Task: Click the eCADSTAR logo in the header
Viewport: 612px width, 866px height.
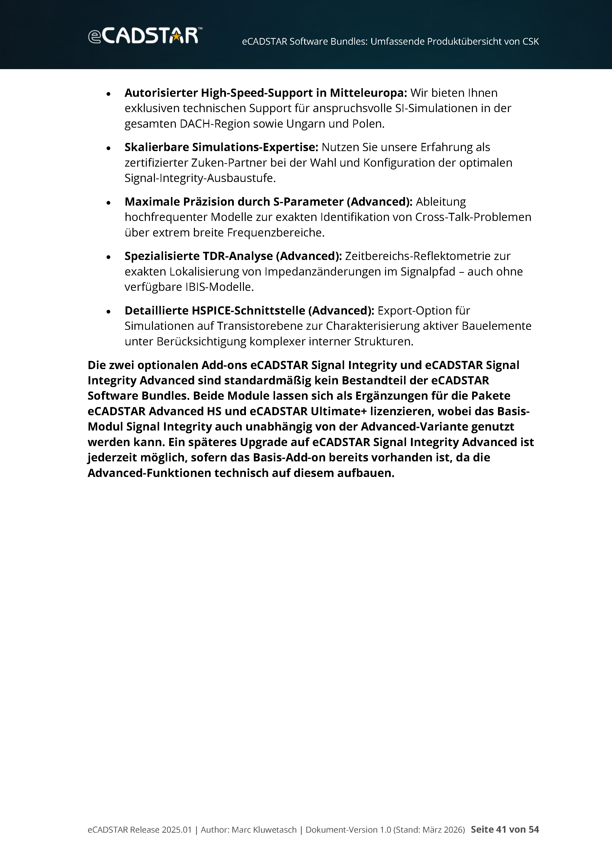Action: [x=145, y=36]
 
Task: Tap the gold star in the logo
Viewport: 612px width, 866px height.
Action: [x=176, y=37]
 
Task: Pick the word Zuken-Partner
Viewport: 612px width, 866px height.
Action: [x=229, y=163]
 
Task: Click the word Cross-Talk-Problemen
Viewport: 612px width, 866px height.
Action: [x=473, y=217]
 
